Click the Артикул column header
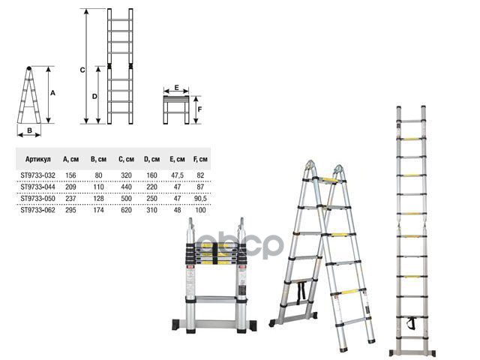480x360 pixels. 38,159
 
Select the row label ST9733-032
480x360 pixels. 38,175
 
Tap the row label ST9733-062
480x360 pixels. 38,210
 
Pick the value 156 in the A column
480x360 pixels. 70,175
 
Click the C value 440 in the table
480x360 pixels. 126,187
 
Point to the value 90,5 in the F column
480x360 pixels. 200,199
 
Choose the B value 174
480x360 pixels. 98,210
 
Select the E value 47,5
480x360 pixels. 177,175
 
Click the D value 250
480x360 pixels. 151,199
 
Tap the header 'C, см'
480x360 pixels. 126,159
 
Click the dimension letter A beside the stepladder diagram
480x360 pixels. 52,93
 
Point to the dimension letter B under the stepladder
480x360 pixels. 30,130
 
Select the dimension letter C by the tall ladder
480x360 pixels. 82,70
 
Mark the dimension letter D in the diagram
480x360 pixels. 94,97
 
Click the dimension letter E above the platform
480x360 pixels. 177,88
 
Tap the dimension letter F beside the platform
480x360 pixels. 199,109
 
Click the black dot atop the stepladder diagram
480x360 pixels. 28,68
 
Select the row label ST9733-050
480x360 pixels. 38,199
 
